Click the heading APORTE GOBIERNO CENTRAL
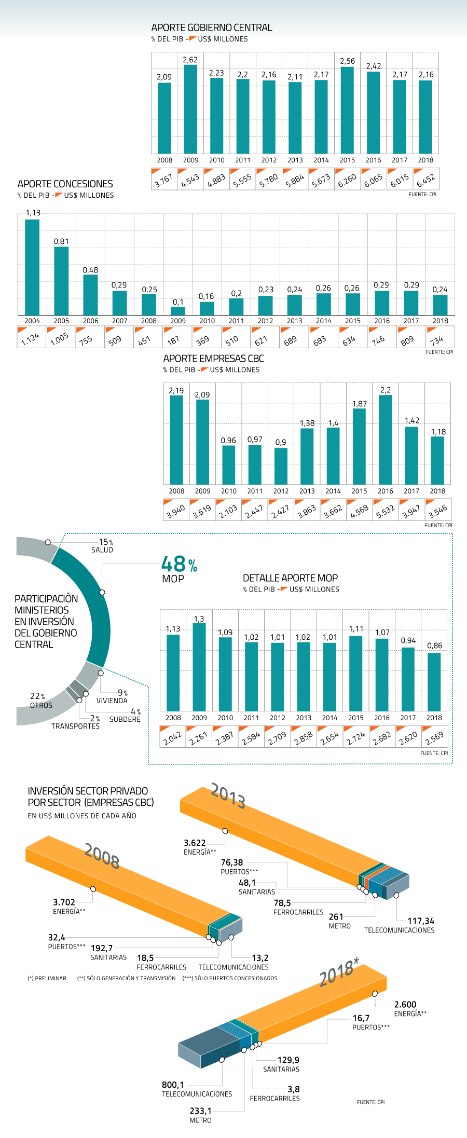[x=211, y=28]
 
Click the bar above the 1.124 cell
[x=32, y=267]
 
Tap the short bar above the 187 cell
[x=178, y=311]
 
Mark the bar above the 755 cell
[x=90, y=295]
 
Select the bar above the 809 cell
[x=411, y=303]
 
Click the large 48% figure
[x=179, y=565]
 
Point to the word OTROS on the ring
[x=42, y=705]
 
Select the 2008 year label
[x=102, y=856]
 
